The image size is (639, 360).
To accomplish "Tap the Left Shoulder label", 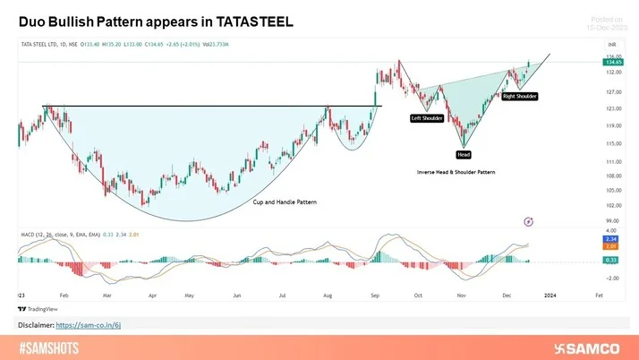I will click(x=428, y=118).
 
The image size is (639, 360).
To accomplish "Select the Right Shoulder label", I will click(x=520, y=95).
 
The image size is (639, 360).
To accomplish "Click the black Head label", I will click(x=464, y=154).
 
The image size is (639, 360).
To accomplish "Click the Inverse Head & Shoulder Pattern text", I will click(x=456, y=171).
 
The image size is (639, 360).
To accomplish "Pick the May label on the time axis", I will click(x=189, y=293).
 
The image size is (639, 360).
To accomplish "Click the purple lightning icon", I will click(x=528, y=220).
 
